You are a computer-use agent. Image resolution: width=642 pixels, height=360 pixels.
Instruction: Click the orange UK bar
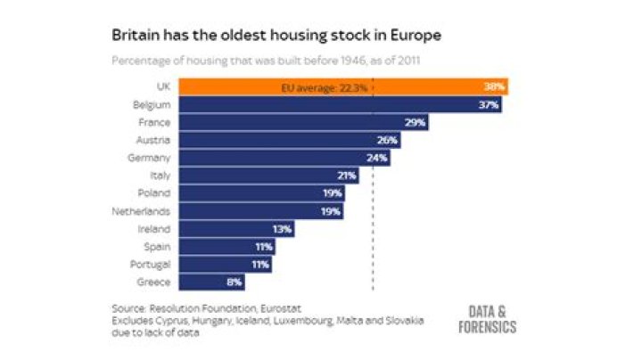click(343, 86)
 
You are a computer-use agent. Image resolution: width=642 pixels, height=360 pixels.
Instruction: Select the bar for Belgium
click(341, 105)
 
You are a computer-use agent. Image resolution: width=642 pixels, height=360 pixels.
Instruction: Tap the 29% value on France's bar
click(415, 122)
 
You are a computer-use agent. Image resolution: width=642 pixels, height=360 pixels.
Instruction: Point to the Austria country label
click(153, 140)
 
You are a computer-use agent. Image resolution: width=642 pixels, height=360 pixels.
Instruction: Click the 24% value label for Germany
click(376, 158)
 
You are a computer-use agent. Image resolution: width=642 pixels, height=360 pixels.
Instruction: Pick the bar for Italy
click(269, 176)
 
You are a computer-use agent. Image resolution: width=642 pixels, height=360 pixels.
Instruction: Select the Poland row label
click(154, 193)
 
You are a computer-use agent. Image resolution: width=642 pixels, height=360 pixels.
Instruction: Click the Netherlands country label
click(141, 211)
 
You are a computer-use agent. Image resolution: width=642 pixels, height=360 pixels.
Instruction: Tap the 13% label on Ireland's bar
click(282, 229)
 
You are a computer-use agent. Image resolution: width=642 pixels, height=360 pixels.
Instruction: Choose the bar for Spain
click(227, 247)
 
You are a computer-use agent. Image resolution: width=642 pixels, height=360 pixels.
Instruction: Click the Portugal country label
click(151, 265)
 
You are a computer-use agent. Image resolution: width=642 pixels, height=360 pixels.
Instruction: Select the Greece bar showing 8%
click(212, 282)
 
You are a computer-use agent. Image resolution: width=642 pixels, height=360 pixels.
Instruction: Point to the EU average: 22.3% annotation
click(325, 88)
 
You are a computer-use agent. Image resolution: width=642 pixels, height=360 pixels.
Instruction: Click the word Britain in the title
click(136, 35)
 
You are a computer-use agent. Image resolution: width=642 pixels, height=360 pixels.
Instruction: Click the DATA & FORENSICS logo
click(487, 320)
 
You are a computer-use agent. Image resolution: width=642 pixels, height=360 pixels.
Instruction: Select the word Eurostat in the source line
click(281, 308)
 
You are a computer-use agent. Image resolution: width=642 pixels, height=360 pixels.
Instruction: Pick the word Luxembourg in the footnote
click(303, 321)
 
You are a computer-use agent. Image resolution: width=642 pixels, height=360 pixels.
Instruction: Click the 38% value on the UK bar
click(494, 86)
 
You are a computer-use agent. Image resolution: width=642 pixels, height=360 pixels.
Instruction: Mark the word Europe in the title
click(416, 36)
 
